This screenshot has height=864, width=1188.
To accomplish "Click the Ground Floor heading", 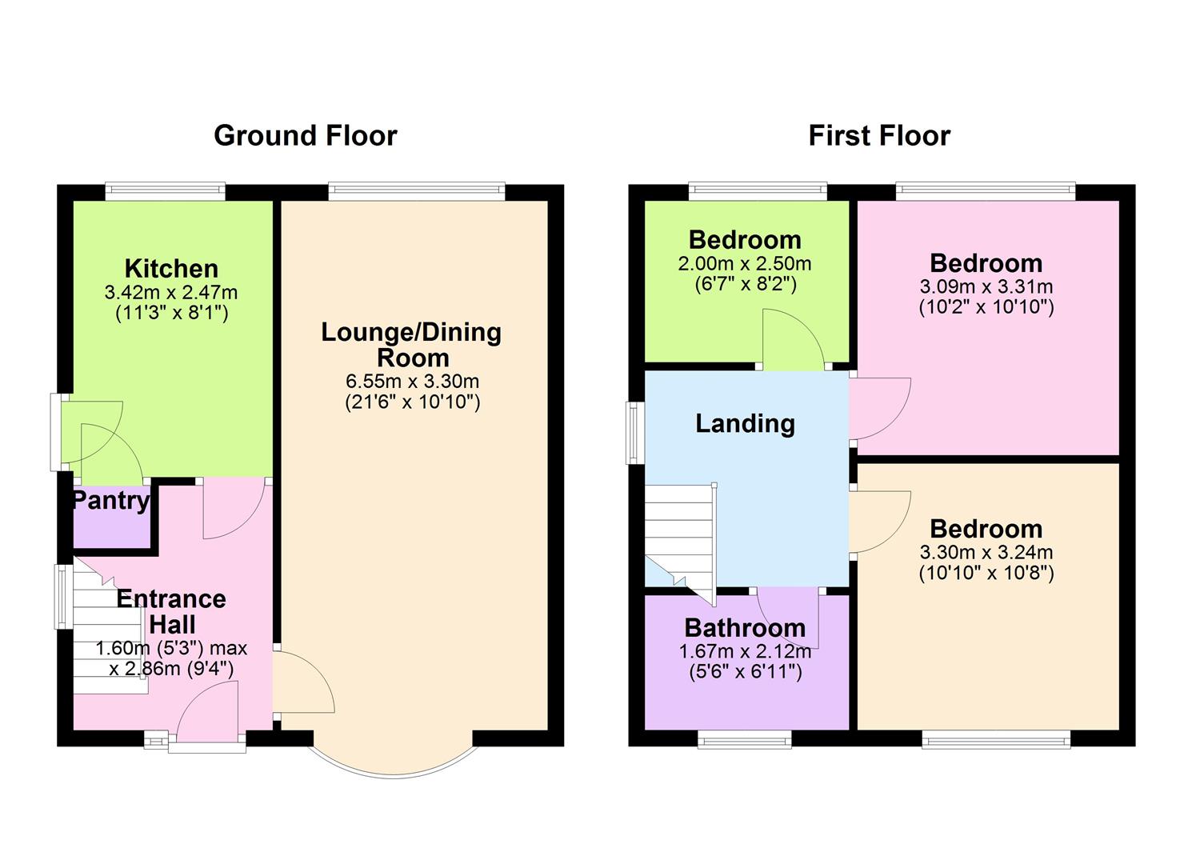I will tap(305, 136).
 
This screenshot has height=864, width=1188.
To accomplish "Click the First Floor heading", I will tap(878, 136).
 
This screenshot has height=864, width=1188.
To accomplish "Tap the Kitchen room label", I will tap(170, 268).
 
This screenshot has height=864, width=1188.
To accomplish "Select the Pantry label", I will tap(110, 502).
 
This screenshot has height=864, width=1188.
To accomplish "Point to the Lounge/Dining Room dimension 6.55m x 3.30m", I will tap(412, 382).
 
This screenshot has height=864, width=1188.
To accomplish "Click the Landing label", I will tap(745, 423).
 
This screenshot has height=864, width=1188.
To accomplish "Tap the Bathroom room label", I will tap(745, 628).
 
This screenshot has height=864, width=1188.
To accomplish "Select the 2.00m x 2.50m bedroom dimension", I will tap(745, 264).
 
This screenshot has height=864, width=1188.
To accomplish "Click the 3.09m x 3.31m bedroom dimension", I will tap(986, 286).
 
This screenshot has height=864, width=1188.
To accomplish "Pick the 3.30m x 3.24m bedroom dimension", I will tap(986, 552).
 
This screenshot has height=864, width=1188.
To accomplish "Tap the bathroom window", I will tap(744, 740).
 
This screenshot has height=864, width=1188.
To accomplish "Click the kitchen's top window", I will tap(165, 190).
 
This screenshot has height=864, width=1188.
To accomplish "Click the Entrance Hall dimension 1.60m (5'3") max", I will tap(171, 649).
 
